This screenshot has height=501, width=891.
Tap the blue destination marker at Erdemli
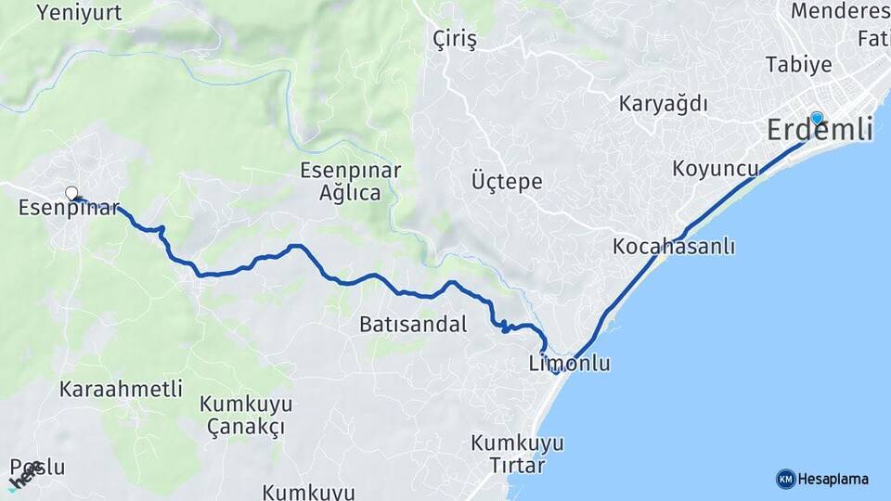(x=817, y=118)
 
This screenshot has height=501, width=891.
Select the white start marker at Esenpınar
(x=71, y=193)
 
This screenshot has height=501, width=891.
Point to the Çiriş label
(x=455, y=40)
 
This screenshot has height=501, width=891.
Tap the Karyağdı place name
(x=664, y=103)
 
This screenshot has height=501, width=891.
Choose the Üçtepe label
(x=507, y=181)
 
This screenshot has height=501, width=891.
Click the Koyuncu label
(x=716, y=169)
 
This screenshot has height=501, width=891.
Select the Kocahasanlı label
(x=674, y=247)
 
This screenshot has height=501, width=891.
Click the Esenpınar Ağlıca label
(x=350, y=182)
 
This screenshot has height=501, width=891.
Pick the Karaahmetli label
(x=121, y=389)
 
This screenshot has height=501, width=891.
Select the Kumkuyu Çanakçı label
(x=246, y=416)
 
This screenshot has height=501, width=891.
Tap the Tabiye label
(x=798, y=64)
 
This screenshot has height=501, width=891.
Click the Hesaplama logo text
(x=833, y=480)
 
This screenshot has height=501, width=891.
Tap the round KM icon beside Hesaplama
(x=785, y=480)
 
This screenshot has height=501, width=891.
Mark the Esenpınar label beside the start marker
(x=68, y=209)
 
